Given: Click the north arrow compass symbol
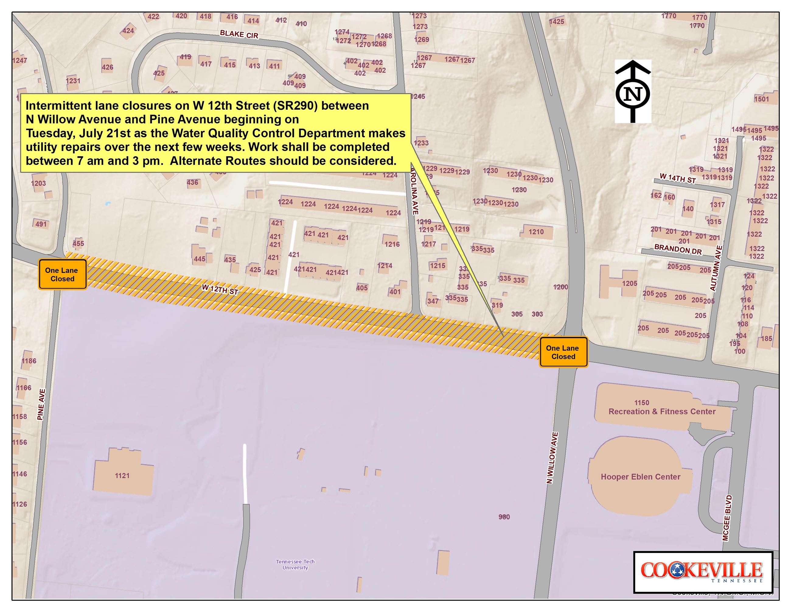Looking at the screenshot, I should pos(633,92).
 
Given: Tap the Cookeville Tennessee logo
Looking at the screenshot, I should pos(703,572).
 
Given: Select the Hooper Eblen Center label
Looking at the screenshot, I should pos(640,477).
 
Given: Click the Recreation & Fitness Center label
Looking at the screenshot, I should pos(662,412).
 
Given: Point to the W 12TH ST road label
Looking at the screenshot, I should pos(220,289).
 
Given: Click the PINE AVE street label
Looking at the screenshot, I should pos(41,404).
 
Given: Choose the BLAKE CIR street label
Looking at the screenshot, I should pos(239,34).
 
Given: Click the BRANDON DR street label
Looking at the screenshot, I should pos(678,249).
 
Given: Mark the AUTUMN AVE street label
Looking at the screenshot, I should pos(716,268).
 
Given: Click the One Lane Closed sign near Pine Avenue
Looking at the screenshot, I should pos(62,274).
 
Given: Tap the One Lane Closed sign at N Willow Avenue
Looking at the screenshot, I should pos(563,352).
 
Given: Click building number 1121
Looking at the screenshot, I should pos(122,476).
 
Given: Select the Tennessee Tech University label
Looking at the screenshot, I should pos(295,564).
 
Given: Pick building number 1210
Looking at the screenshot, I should pos(536,232).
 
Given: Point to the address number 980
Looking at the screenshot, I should pos(504,517).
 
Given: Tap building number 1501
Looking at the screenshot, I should pos(761,99).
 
